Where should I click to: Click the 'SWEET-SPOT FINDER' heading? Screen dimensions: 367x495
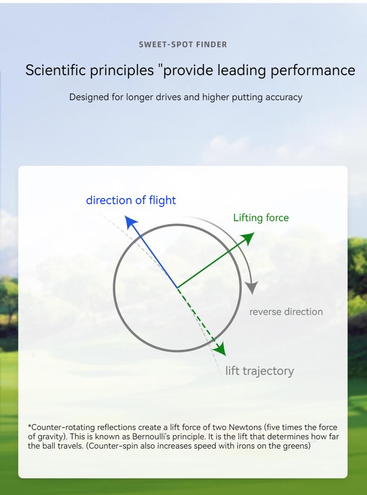pos(183,45)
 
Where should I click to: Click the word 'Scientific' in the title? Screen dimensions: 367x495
pos(56,70)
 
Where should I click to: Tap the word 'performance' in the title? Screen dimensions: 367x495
pos(313,71)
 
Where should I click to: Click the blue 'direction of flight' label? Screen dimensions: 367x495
pos(131,200)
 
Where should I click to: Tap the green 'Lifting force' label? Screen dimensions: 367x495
pos(261,218)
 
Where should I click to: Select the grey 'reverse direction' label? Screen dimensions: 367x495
pos(286,312)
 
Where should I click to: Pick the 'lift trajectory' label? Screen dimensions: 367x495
pos(260,371)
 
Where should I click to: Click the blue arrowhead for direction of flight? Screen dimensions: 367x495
pos(131,222)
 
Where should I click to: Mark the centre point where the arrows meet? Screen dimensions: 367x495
pos(177,288)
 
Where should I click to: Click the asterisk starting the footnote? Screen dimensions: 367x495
pos(30,426)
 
